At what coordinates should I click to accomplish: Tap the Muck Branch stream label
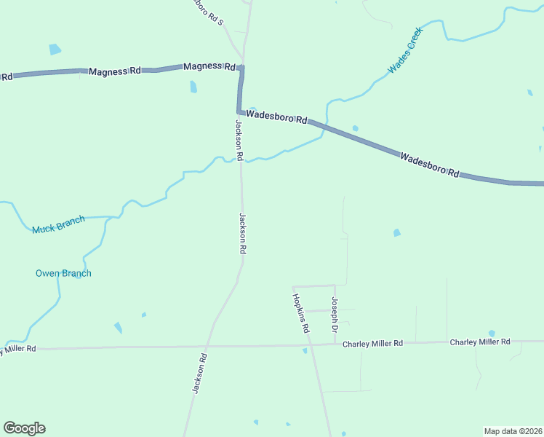(x=58, y=224)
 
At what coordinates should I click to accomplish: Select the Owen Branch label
(x=63, y=273)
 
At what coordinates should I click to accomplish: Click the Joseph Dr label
(x=335, y=315)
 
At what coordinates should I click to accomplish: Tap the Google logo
(x=24, y=428)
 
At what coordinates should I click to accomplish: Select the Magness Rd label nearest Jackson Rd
(x=209, y=66)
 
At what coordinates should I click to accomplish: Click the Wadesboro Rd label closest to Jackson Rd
(x=276, y=117)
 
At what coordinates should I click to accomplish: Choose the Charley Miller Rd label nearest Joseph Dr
(x=372, y=343)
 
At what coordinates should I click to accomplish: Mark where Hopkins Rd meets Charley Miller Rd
(x=308, y=344)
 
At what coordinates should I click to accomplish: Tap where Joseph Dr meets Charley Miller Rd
(x=335, y=343)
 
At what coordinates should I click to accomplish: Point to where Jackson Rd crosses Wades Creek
(x=241, y=160)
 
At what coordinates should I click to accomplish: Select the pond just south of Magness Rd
(x=193, y=87)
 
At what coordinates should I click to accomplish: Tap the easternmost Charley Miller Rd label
(x=480, y=342)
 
